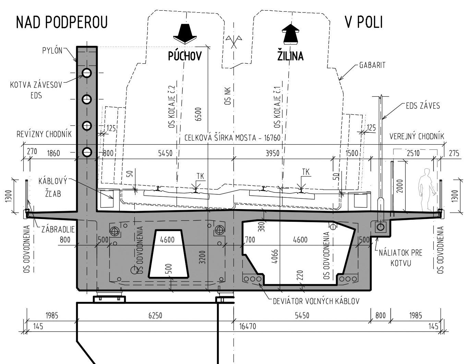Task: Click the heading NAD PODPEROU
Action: point(62,22)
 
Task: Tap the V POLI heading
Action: point(364,22)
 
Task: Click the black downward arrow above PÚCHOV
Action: point(185,34)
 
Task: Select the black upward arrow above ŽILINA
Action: point(290,34)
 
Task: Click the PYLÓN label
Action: point(52,51)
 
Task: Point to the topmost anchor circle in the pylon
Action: point(87,73)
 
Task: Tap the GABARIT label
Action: point(372,65)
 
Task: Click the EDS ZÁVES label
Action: point(423,106)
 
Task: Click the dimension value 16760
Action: point(272,138)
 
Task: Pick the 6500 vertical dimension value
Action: point(198,114)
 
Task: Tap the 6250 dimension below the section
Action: point(155,316)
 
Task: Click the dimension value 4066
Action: point(275,256)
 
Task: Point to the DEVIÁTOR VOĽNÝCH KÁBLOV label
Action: point(316,301)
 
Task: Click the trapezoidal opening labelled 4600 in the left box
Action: point(168,254)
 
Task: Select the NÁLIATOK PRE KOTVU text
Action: point(400,258)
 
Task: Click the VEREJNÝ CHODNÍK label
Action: point(417,136)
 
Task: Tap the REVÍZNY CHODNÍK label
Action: point(44,134)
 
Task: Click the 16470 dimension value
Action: point(248,326)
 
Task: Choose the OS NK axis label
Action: point(228,96)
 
